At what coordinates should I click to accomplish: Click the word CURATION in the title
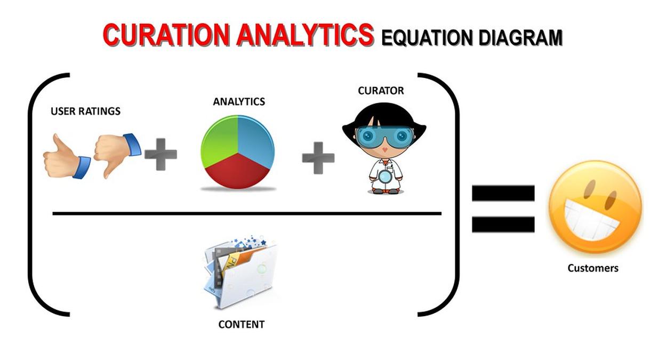tap(166, 35)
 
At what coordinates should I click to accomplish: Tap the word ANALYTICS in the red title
tap(305, 35)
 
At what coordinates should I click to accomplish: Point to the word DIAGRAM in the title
tap(521, 38)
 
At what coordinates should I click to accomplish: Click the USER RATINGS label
tap(86, 111)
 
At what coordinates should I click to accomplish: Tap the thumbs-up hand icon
tap(67, 157)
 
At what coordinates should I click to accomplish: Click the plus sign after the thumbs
tap(160, 154)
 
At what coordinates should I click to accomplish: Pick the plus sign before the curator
tap(318, 158)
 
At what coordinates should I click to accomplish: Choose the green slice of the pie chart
tap(219, 141)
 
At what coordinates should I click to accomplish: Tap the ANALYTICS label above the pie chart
tap(239, 101)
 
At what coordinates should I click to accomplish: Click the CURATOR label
tap(381, 91)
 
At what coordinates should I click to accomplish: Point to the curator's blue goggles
tap(385, 137)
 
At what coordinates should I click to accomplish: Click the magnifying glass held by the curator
tap(384, 177)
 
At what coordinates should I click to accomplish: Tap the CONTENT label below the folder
tap(242, 324)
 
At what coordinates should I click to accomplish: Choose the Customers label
tap(593, 268)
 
